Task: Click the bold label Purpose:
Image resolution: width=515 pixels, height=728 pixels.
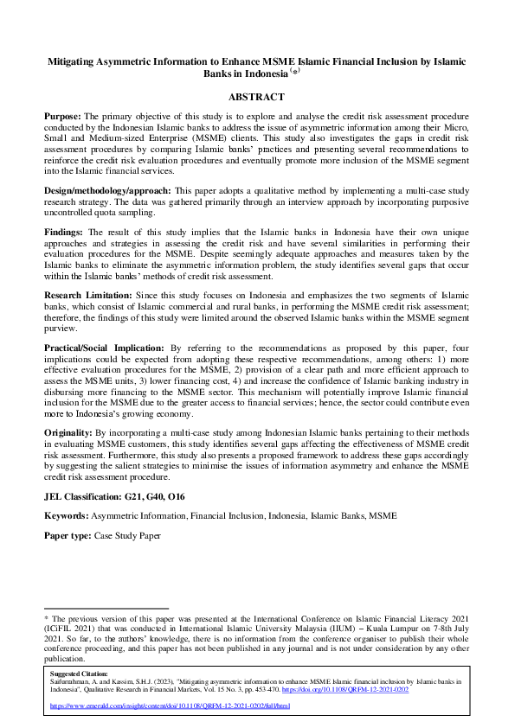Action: (66, 115)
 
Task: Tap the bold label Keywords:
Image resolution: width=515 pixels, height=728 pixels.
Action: (67, 515)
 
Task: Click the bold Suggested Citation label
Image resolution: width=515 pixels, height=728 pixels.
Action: (80, 673)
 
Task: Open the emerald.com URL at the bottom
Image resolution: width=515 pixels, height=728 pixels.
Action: (171, 706)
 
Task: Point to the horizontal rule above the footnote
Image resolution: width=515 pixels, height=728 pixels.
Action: (106, 609)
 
